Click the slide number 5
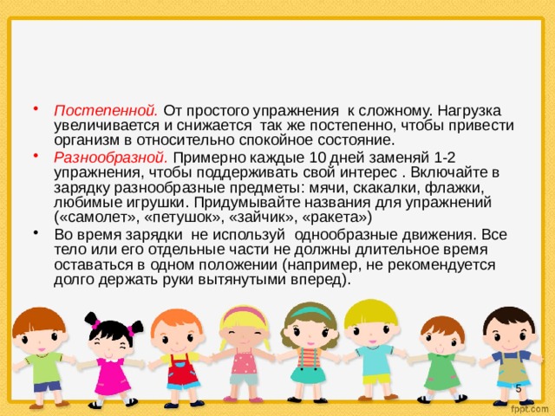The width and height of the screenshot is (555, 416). (x=518, y=387)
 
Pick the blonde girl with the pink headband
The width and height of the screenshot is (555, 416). (x=244, y=347)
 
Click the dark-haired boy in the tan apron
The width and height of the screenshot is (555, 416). (x=506, y=351)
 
